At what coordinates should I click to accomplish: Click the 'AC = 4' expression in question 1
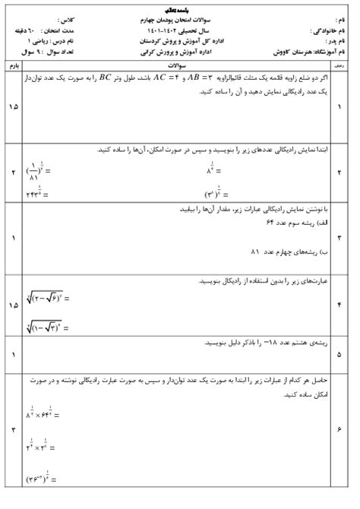[x=161, y=78]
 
